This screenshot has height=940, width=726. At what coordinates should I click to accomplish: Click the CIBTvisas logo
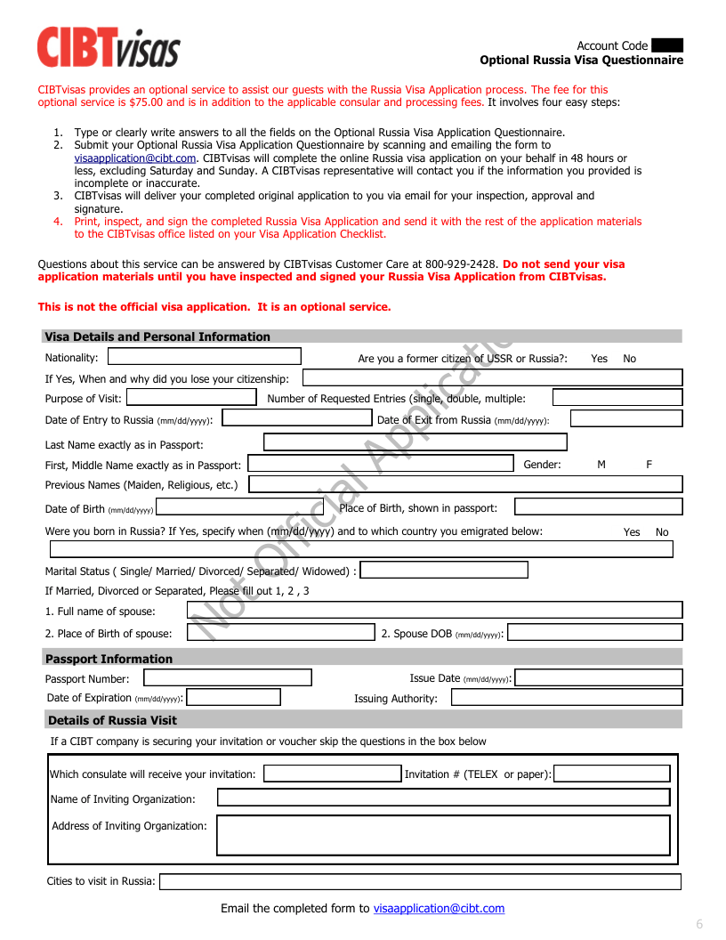click(x=108, y=47)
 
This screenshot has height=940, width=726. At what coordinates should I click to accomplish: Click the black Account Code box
click(x=667, y=45)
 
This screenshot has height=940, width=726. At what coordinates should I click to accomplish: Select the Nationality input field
click(x=204, y=357)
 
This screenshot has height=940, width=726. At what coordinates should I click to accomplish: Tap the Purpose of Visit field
click(x=191, y=398)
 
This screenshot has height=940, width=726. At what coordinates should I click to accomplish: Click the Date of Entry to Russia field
click(x=296, y=418)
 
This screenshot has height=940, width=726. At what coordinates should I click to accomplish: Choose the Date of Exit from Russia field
click(x=626, y=418)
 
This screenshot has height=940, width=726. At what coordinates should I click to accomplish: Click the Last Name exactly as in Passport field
click(x=415, y=442)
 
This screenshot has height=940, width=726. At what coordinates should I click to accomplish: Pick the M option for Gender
click(x=601, y=465)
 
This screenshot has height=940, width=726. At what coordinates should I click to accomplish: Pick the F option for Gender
click(x=649, y=465)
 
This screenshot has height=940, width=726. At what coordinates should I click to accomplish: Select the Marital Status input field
click(x=443, y=571)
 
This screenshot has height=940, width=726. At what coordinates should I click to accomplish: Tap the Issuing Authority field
click(x=566, y=698)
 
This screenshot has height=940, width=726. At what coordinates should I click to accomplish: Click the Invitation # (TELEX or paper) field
click(x=611, y=774)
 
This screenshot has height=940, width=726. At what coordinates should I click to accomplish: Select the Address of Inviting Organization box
click(x=443, y=835)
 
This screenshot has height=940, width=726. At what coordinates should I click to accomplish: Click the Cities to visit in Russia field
click(x=419, y=881)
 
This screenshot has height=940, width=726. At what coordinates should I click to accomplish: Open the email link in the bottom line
click(x=439, y=909)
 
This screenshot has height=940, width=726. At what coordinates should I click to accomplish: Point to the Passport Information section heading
click(x=109, y=659)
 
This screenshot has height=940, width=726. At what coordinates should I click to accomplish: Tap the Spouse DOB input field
click(x=594, y=633)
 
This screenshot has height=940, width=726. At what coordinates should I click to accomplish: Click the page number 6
click(x=699, y=924)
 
